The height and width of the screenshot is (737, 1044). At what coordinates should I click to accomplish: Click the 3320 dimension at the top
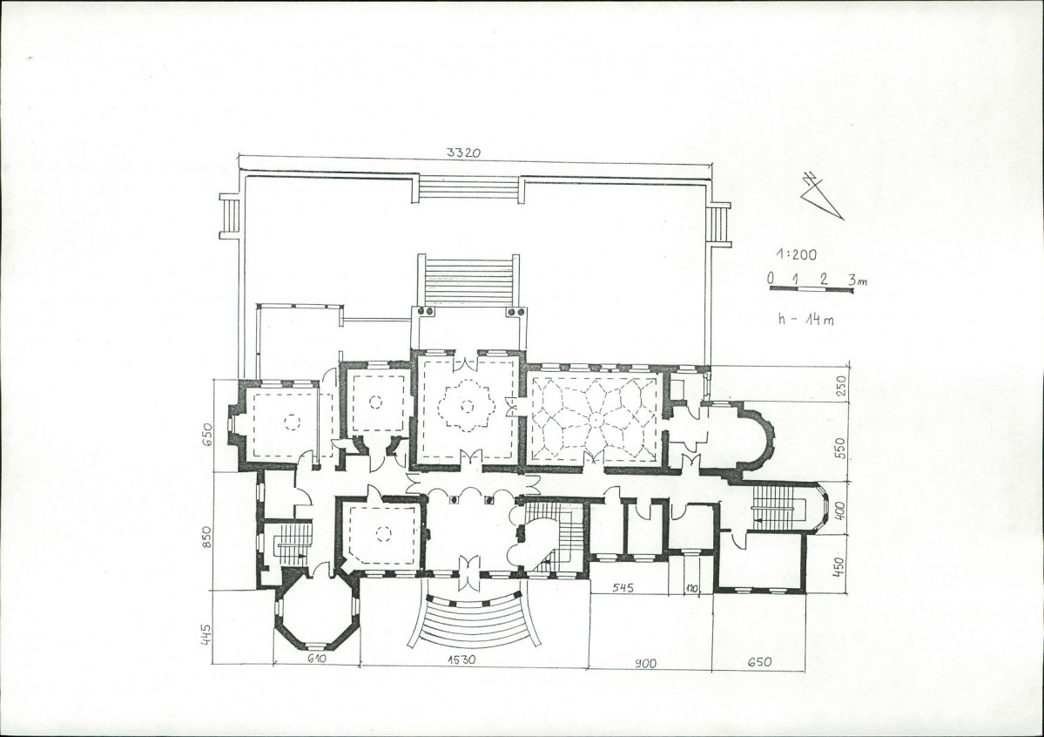462,152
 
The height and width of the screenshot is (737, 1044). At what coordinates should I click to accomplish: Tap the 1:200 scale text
796,254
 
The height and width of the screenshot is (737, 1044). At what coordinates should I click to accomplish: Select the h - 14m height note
805,319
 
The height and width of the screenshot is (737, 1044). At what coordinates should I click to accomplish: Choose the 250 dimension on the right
839,386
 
